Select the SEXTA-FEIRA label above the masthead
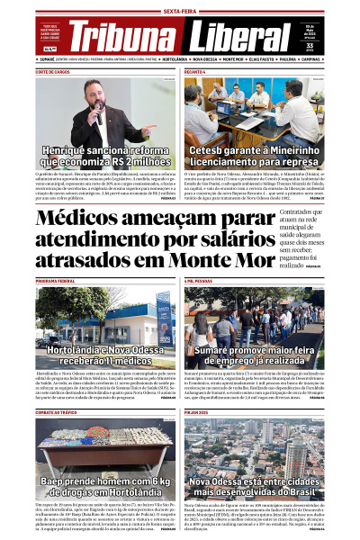[180, 10]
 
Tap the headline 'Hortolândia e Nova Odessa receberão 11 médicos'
[94, 353]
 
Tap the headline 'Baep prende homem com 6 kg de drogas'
[94, 486]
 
